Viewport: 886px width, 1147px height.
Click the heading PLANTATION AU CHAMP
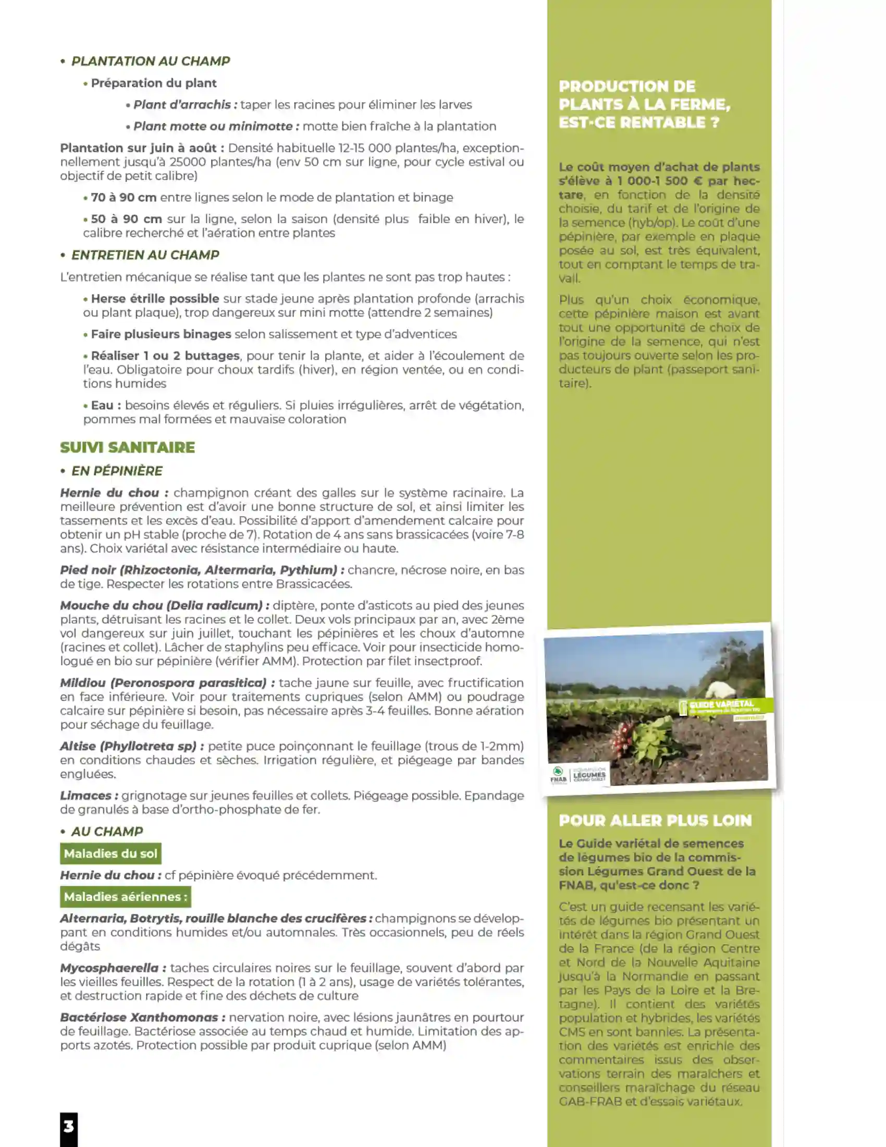click(x=150, y=61)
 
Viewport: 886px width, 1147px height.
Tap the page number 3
click(x=69, y=1127)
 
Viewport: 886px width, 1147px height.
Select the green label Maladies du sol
click(x=110, y=853)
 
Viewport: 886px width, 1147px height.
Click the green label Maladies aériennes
click(x=126, y=897)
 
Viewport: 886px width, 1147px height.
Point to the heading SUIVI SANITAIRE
click(x=127, y=447)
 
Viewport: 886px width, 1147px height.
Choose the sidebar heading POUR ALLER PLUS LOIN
click(x=655, y=820)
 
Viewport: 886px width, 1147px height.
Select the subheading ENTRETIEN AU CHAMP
click(x=145, y=255)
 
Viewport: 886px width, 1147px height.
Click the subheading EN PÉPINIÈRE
click(x=117, y=471)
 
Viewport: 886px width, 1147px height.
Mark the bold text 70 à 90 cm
click(x=124, y=198)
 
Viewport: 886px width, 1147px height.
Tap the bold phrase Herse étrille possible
click(x=155, y=299)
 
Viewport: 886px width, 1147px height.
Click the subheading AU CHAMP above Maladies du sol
click(x=107, y=832)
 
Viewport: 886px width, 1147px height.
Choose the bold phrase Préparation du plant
click(x=153, y=83)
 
